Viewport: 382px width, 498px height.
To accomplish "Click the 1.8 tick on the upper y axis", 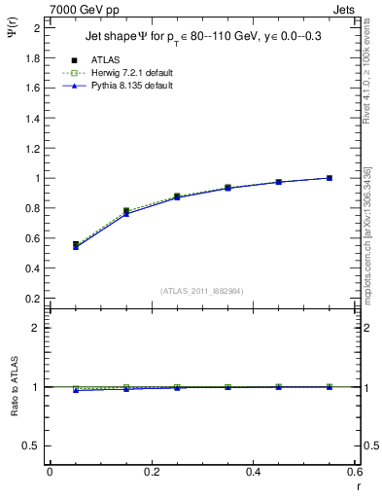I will point(32,58).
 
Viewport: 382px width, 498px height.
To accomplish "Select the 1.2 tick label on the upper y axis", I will point(32,148).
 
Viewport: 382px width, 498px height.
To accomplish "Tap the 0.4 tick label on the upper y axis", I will point(32,268).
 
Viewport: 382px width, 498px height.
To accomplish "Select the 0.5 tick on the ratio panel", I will point(32,445).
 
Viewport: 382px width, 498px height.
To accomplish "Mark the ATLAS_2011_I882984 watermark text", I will point(201,291).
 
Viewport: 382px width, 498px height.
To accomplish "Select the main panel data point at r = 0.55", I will point(330,178).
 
